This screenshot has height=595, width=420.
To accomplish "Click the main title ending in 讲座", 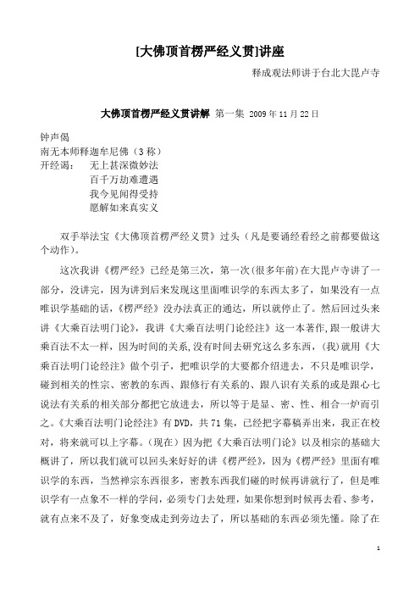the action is click(x=210, y=52).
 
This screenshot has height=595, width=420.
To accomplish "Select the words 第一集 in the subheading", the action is click(x=233, y=112).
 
